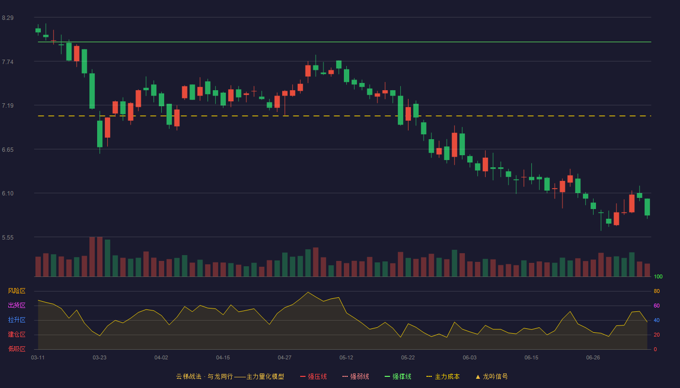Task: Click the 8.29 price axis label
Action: [8, 18]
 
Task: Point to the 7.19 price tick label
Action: [8, 106]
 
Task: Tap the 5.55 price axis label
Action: [8, 238]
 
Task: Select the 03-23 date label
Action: [100, 358]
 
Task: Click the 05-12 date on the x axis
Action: [346, 358]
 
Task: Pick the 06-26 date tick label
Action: [593, 358]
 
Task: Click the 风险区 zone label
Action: [17, 291]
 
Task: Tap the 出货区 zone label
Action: [17, 305]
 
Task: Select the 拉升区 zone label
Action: [17, 320]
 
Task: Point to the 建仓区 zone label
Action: [17, 334]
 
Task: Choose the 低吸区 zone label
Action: [17, 349]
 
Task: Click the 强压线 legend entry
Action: [313, 376]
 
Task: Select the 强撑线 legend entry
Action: [398, 376]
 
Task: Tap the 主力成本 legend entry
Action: [443, 376]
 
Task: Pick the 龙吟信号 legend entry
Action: [492, 376]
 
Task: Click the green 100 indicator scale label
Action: [658, 276]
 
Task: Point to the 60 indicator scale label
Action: [657, 306]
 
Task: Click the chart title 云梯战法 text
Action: [188, 376]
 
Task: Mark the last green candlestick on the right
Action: [647, 207]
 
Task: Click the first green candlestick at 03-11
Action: [38, 30]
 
